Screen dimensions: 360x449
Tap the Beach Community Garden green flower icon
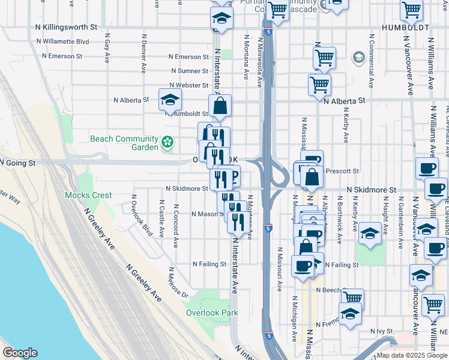pyautogui.click(x=168, y=143)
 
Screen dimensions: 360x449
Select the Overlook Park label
pyautogui.click(x=212, y=313)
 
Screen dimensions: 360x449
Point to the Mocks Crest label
pyautogui.click(x=88, y=195)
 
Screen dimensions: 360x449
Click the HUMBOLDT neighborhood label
pyautogui.click(x=405, y=28)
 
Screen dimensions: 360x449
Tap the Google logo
pyautogui.click(x=20, y=353)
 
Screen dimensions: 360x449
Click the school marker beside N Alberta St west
pyautogui.click(x=170, y=101)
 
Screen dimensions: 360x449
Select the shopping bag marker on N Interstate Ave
pyautogui.click(x=220, y=106)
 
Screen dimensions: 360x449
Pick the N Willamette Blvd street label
pyautogui.click(x=62, y=42)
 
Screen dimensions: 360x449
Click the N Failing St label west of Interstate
pyautogui.click(x=209, y=264)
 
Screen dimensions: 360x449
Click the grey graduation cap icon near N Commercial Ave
pyautogui.click(x=358, y=58)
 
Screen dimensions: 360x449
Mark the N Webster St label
pyautogui.click(x=188, y=85)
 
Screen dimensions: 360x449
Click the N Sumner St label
pyautogui.click(x=188, y=71)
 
